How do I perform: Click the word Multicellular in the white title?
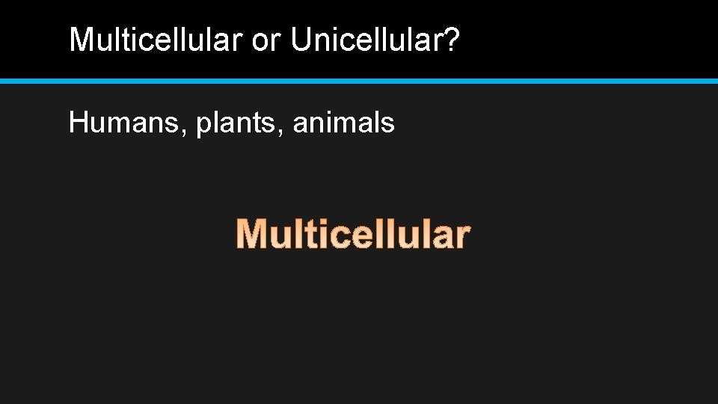[x=156, y=40]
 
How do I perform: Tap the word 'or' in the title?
[x=265, y=40]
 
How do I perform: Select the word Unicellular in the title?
[x=368, y=40]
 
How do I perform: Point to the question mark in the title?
[x=452, y=40]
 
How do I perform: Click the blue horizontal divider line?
[x=359, y=80]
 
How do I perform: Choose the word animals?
[x=343, y=122]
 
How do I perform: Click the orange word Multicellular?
[x=352, y=234]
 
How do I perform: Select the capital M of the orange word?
[x=252, y=234]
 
